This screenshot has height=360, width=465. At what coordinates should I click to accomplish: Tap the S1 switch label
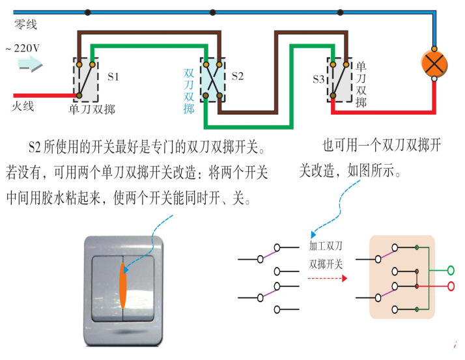point(114,76)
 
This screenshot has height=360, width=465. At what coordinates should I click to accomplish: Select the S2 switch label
point(238,76)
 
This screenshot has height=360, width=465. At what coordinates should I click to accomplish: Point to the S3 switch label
point(318,79)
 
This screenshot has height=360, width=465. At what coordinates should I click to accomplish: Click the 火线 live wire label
point(23,105)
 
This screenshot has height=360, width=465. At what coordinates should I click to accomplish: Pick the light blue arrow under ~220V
point(29,64)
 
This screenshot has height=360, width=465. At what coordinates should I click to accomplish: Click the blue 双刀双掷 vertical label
point(190,91)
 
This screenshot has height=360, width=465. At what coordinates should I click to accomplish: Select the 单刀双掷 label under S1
point(92,109)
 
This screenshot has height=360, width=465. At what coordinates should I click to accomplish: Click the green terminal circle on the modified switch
point(450,270)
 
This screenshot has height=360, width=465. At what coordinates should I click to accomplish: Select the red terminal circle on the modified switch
point(450,286)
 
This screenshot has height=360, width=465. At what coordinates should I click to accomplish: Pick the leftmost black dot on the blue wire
point(88,12)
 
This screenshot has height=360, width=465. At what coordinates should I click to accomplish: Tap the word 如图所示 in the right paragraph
point(369,172)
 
